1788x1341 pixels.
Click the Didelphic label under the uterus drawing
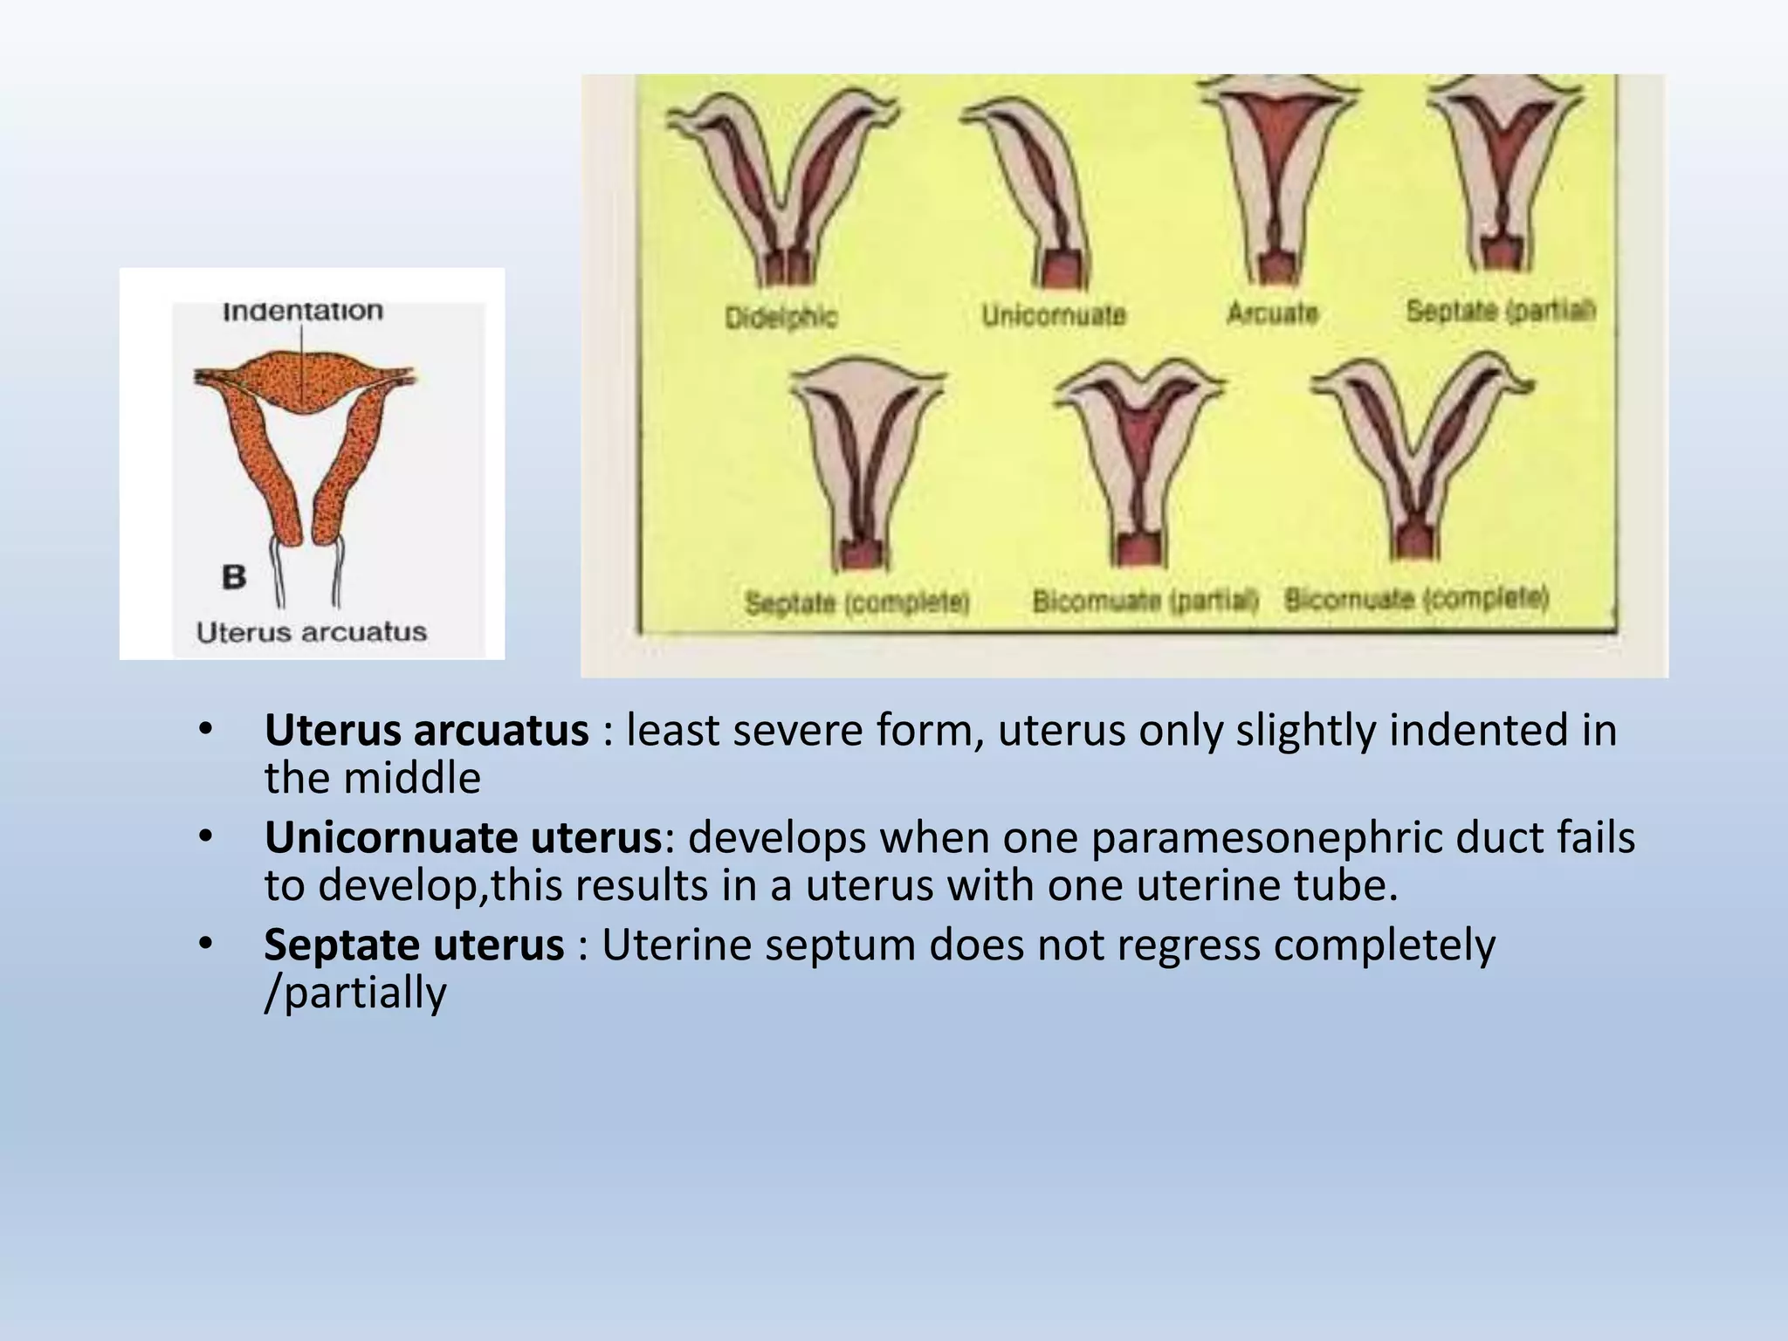pyautogui.click(x=781, y=316)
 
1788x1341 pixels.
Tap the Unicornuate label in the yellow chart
pyautogui.click(x=1054, y=314)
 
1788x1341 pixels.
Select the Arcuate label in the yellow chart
pyautogui.click(x=1272, y=312)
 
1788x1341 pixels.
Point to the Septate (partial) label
pyautogui.click(x=1501, y=310)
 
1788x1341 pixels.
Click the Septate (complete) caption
pyautogui.click(x=857, y=602)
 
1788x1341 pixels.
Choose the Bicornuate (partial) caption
pyautogui.click(x=1145, y=601)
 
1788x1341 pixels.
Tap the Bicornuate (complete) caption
pyautogui.click(x=1416, y=599)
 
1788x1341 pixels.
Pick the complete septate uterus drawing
pyautogui.click(x=864, y=463)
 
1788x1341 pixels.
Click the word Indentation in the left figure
pyautogui.click(x=303, y=311)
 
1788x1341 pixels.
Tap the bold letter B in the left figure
pyautogui.click(x=234, y=577)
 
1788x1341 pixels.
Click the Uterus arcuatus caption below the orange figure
pyautogui.click(x=312, y=632)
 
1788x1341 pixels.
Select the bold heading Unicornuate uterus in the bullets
pyautogui.click(x=464, y=837)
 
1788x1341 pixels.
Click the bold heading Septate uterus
pyautogui.click(x=414, y=945)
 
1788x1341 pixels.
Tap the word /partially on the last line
pyautogui.click(x=355, y=993)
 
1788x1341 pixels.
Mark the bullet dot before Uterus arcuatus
pyautogui.click(x=205, y=728)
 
